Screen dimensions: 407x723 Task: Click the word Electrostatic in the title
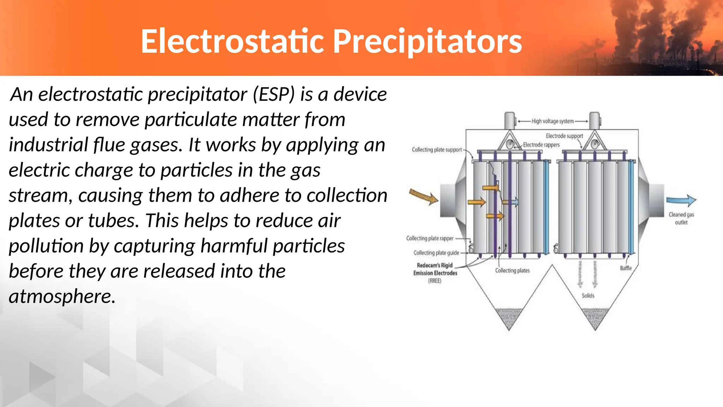tap(232, 42)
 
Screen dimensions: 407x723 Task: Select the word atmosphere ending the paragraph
tap(62, 296)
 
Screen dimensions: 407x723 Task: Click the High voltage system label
tap(552, 121)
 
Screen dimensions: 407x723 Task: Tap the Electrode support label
tap(564, 136)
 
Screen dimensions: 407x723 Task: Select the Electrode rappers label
tap(541, 145)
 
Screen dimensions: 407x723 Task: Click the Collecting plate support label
tap(437, 150)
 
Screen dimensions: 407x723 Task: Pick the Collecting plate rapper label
tap(430, 238)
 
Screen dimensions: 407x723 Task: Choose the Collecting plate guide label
tap(436, 253)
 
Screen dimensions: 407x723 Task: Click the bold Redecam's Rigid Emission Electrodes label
tap(435, 270)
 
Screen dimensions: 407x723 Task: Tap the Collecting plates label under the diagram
tap(512, 271)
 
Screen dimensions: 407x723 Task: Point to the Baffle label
tap(626, 268)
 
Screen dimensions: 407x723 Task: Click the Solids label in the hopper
tap(588, 296)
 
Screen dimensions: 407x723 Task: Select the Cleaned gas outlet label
tap(681, 218)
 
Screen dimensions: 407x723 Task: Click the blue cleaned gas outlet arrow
tap(681, 200)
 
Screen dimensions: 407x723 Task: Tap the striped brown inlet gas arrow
tap(423, 196)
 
